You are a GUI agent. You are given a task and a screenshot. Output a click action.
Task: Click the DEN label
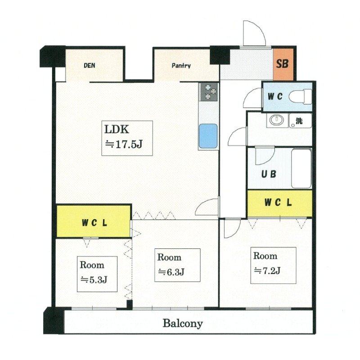coord(89,65)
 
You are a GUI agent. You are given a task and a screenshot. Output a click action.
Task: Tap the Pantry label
coord(181,66)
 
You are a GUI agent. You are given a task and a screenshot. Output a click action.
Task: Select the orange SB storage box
coord(283,64)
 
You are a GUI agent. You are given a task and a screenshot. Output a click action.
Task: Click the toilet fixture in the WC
coord(300,97)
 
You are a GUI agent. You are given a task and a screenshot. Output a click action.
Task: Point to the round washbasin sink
coord(277,120)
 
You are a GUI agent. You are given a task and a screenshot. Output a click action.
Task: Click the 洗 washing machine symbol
coord(300,121)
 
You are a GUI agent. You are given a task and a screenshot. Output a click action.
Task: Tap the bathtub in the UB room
coord(301,168)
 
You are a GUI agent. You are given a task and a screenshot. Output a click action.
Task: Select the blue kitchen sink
coord(208,136)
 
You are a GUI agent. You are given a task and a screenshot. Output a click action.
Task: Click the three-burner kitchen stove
coord(209,92)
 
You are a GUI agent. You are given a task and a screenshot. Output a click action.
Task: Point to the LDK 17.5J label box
coord(127,138)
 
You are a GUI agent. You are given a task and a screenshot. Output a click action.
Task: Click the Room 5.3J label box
coord(97,274)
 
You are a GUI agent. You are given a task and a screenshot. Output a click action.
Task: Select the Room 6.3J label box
coord(177,265)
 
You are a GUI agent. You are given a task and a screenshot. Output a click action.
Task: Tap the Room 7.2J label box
coord(273,265)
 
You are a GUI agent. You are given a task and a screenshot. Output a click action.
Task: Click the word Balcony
coord(183,323)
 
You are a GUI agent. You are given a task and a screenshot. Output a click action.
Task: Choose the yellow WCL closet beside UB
coord(279,203)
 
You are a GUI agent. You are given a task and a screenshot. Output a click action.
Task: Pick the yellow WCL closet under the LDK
coord(94,221)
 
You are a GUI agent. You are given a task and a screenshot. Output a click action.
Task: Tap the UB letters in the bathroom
coord(269,174)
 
